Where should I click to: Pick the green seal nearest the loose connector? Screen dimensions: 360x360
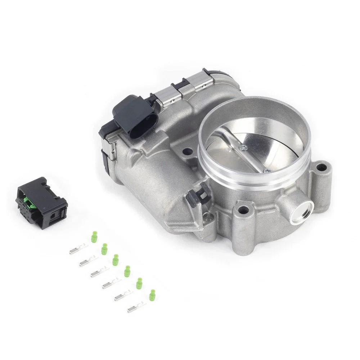94,238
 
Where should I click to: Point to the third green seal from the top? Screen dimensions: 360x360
116,259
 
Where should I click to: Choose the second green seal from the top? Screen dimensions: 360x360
105,248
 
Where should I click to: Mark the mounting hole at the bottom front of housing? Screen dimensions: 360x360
245,209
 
